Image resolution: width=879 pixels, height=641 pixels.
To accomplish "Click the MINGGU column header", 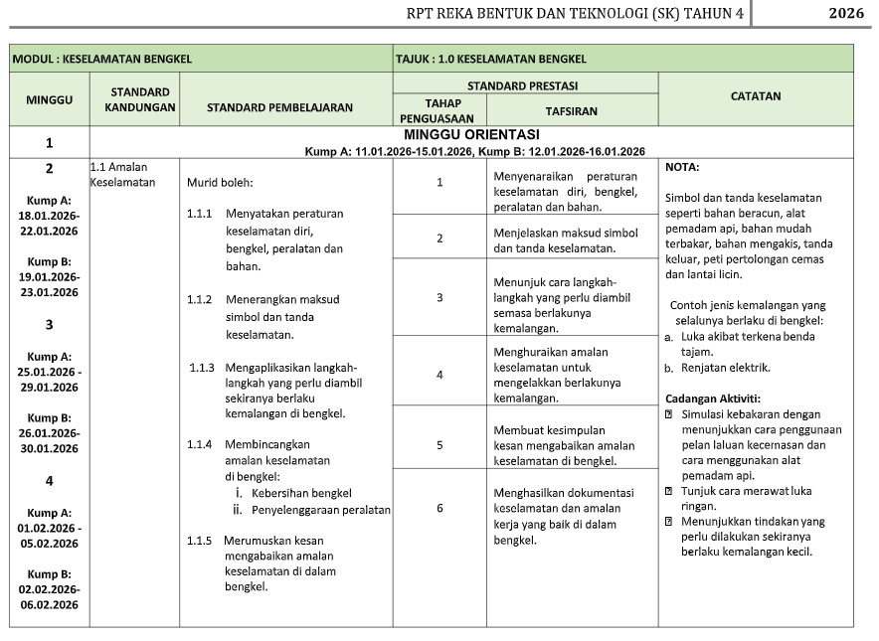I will point(49,98).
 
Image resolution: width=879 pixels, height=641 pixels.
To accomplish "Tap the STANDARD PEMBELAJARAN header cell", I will point(279,107).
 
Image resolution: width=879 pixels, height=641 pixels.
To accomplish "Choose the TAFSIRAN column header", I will point(571,111).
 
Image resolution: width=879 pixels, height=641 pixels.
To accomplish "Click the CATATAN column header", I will point(755,96).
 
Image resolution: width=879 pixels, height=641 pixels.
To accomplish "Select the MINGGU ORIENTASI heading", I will point(471,134).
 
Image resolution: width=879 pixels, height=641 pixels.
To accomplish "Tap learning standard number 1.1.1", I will point(200,214).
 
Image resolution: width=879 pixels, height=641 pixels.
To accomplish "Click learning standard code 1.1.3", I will point(202,368).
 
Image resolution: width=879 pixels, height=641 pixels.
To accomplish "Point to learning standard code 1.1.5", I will point(200,540).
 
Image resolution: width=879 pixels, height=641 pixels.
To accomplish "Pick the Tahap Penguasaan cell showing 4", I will point(439,375).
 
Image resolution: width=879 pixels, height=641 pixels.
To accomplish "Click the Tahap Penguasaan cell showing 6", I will point(439,508).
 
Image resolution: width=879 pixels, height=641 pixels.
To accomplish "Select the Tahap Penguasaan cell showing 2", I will point(439,239).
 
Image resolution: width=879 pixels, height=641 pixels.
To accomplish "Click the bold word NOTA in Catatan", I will point(681,167).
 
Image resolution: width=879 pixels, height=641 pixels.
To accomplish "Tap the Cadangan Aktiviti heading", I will point(712,398).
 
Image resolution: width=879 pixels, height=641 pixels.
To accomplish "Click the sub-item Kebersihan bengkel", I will point(301,493).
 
